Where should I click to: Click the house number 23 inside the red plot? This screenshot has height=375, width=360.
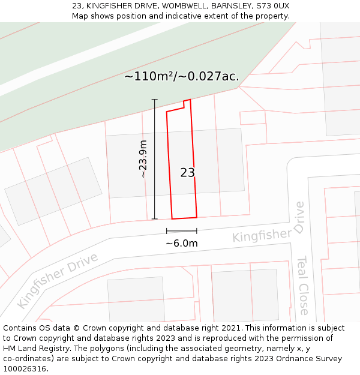point(187,173)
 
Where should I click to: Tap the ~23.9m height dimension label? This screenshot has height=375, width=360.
point(143,159)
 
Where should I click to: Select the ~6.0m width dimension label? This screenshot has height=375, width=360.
point(181,243)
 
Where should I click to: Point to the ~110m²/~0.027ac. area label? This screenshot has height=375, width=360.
point(181,76)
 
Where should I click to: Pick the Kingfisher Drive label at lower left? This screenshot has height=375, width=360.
point(58,280)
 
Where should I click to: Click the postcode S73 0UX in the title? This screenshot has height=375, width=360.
point(272,5)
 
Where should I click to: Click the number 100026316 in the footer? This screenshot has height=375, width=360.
point(25,369)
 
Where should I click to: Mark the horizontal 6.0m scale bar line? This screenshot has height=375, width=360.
point(181,230)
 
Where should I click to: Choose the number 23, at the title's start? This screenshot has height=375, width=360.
point(76,5)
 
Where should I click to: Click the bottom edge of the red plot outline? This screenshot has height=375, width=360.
point(184,218)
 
